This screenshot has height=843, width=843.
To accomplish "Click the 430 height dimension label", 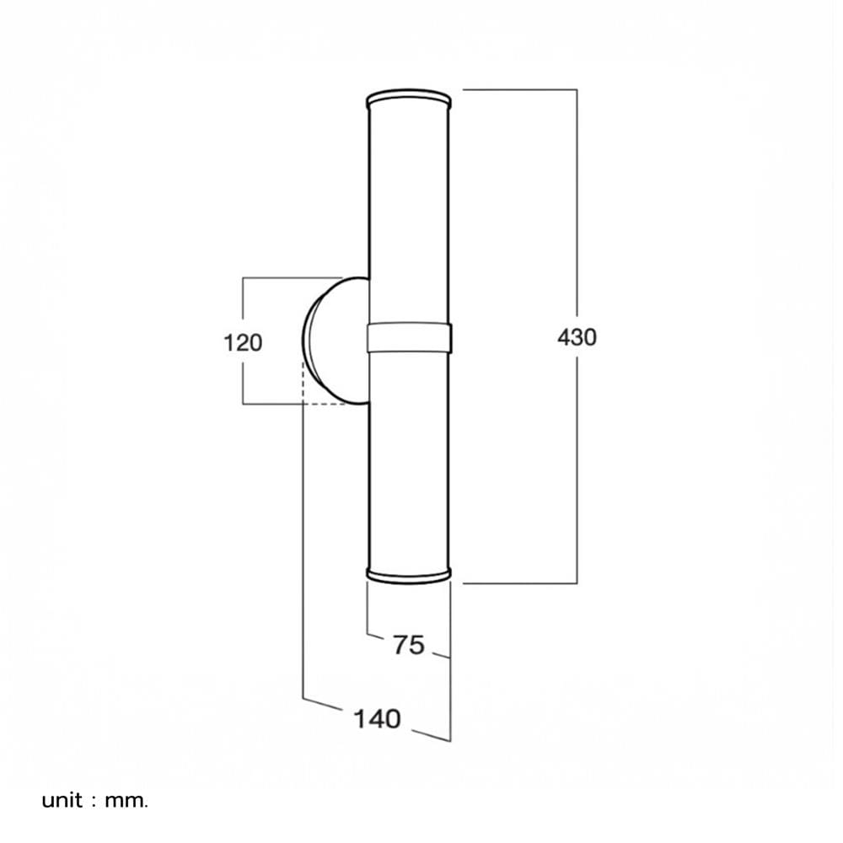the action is (x=577, y=338).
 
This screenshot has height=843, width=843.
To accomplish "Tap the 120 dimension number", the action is (x=243, y=343).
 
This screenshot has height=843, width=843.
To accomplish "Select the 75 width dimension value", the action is (x=409, y=645).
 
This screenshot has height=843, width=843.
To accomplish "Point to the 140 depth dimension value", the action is (x=378, y=719).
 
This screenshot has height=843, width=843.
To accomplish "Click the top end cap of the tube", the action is (x=409, y=99).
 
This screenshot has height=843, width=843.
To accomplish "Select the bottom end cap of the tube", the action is (x=409, y=575).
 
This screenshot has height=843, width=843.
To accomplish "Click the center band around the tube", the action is (x=409, y=338).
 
